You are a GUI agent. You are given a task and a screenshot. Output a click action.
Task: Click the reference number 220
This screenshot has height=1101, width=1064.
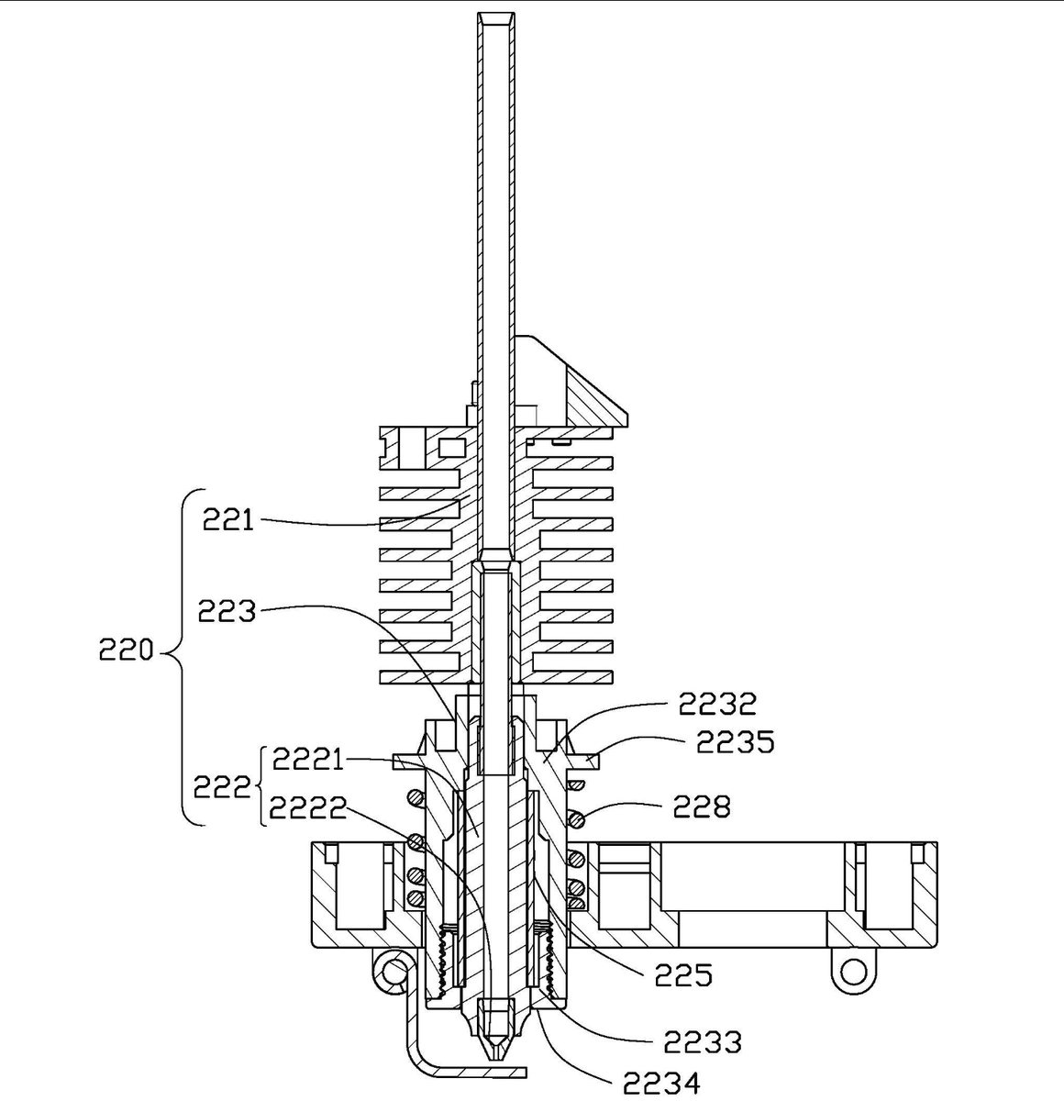(127, 650)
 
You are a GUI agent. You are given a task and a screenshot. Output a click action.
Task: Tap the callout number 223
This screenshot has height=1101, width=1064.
(227, 611)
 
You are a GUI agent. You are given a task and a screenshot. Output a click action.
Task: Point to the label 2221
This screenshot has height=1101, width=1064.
(307, 760)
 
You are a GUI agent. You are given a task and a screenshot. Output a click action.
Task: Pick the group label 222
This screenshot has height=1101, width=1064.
(222, 786)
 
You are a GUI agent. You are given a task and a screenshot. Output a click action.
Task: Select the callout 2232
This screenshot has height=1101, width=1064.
(717, 704)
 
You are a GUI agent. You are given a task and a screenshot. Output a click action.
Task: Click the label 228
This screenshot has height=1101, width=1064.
(702, 806)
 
